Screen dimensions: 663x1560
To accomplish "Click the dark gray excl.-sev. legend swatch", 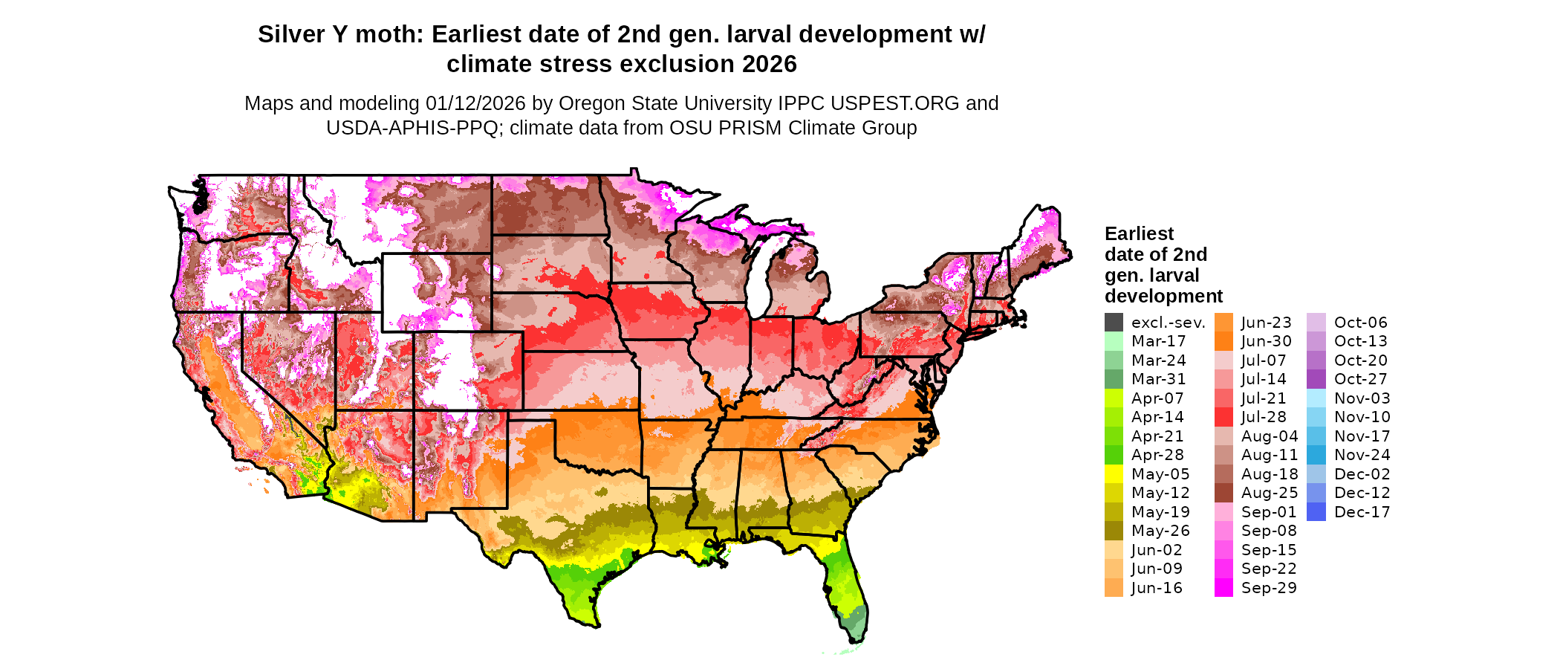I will (x=1114, y=323).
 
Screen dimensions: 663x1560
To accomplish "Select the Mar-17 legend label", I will (x=1158, y=341).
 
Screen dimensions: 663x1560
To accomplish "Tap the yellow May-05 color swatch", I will (x=1114, y=474).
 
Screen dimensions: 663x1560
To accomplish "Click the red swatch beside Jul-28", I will (x=1223, y=417).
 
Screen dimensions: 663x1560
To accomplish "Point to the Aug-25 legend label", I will (x=1270, y=493).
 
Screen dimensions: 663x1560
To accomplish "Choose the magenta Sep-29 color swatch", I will (x=1223, y=588).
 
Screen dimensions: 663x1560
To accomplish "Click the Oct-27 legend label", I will (x=1360, y=379).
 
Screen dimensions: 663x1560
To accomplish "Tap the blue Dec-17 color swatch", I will (x=1316, y=512).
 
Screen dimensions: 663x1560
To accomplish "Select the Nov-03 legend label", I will (x=1362, y=398).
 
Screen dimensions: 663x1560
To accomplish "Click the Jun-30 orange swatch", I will (x=1223, y=341).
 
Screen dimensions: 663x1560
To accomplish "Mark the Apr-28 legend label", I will (x=1157, y=455).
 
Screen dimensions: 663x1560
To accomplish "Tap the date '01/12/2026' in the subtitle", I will (x=475, y=103).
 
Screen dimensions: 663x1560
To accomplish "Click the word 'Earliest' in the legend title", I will (x=1139, y=234).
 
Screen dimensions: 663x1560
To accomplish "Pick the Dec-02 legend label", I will (x=1362, y=474).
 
